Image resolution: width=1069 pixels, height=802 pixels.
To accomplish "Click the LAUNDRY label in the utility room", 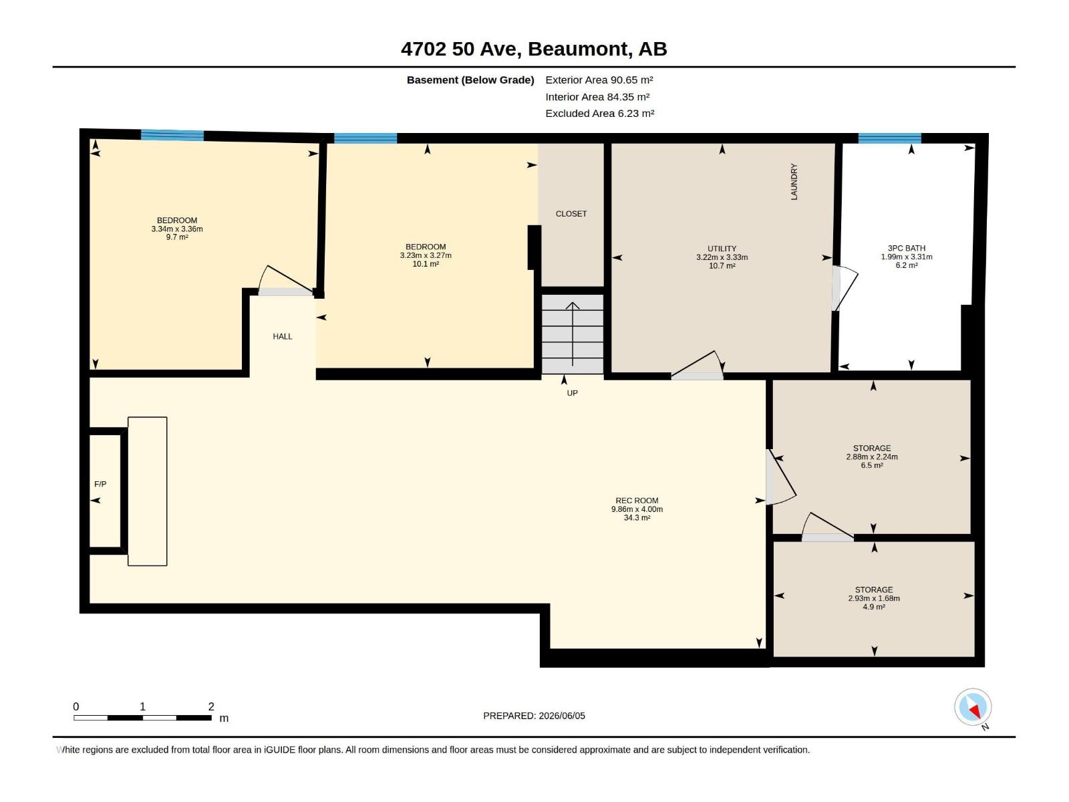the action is tap(794, 182).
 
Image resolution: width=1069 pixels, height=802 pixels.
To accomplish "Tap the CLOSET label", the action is tap(571, 214).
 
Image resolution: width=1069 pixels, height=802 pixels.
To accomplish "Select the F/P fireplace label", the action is tap(100, 484).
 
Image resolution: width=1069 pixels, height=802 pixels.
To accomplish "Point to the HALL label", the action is tap(283, 336).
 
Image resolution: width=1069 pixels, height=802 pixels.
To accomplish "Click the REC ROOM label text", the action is tap(637, 501).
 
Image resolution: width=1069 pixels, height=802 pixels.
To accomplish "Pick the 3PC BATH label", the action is tap(907, 249).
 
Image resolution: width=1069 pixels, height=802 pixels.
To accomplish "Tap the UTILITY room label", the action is tap(722, 249).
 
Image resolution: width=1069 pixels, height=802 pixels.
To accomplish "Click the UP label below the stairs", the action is tap(572, 393).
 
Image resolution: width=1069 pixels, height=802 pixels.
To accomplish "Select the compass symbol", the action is tap(973, 707).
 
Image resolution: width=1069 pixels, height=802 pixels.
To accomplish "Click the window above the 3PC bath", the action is tap(890, 138).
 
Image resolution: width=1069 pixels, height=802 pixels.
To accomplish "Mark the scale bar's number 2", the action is tap(211, 706).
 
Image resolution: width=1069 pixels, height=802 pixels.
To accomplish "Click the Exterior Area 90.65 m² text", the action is tap(599, 80).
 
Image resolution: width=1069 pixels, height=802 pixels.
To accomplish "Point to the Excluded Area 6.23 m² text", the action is tap(599, 114).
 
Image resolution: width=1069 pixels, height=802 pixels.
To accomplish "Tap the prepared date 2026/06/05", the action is tap(561, 716).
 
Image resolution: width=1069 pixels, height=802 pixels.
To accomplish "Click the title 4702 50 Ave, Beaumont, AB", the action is tap(534, 49).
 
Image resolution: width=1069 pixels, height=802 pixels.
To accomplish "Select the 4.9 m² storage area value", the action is tap(874, 607).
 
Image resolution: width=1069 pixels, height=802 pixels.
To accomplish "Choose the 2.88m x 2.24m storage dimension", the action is tap(872, 456).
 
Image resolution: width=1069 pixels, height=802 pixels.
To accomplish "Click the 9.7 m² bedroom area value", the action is tap(177, 237).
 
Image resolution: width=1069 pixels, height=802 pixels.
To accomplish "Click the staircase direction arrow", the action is tap(573, 334).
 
